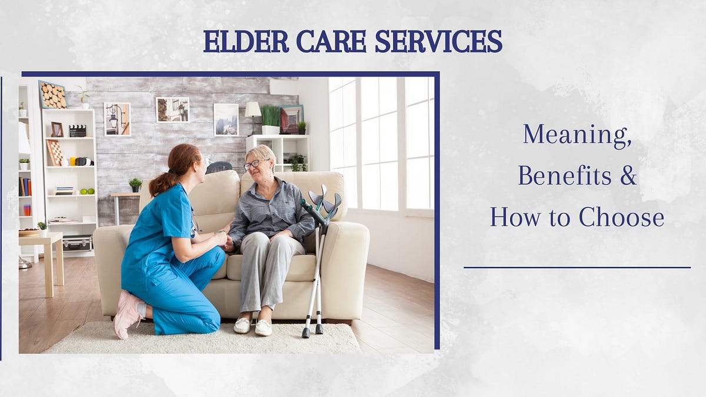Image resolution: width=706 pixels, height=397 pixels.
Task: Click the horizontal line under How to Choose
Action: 577,268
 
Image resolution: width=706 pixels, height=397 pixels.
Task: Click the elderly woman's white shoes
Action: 253,326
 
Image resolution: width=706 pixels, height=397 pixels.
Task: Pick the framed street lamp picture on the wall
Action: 116,119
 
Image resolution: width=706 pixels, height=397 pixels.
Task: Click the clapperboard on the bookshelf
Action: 78,131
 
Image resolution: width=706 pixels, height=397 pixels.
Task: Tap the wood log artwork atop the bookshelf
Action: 53,95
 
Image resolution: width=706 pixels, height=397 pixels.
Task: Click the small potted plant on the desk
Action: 135,185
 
